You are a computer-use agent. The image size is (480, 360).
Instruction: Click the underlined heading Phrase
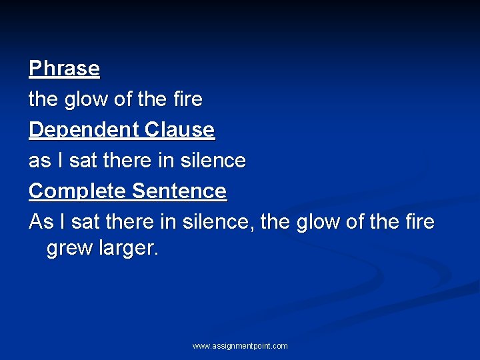coord(64,69)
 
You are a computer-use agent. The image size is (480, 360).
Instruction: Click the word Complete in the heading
coord(78,191)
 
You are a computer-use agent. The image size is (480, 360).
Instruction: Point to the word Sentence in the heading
coord(179,191)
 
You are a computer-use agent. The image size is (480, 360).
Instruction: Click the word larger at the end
coord(126,249)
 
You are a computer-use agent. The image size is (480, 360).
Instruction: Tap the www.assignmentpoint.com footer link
coord(240,346)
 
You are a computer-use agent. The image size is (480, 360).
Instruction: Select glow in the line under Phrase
coord(86,99)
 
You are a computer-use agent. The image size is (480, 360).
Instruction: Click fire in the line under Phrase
coord(187,99)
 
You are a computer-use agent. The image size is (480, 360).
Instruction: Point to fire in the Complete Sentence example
coord(419,222)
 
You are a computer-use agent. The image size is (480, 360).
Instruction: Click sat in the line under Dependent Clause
coord(83,161)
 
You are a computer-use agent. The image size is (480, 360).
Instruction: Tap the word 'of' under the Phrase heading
coord(124,99)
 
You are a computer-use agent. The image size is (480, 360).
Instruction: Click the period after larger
coord(157,253)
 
